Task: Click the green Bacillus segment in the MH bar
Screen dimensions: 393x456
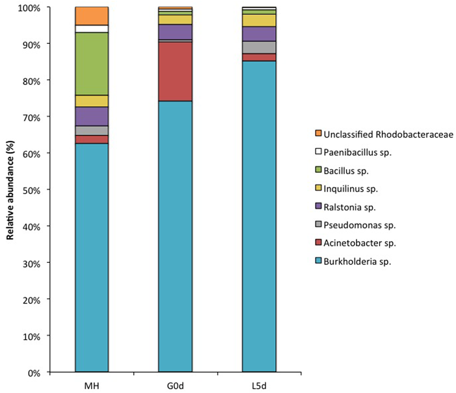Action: click(92, 64)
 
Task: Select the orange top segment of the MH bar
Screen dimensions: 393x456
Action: click(92, 16)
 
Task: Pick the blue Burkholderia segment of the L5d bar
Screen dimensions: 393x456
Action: click(258, 217)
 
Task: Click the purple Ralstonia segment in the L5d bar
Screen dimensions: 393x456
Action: click(258, 34)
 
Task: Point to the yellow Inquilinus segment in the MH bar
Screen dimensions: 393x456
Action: click(92, 101)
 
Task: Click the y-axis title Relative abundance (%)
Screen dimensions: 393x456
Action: click(10, 190)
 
